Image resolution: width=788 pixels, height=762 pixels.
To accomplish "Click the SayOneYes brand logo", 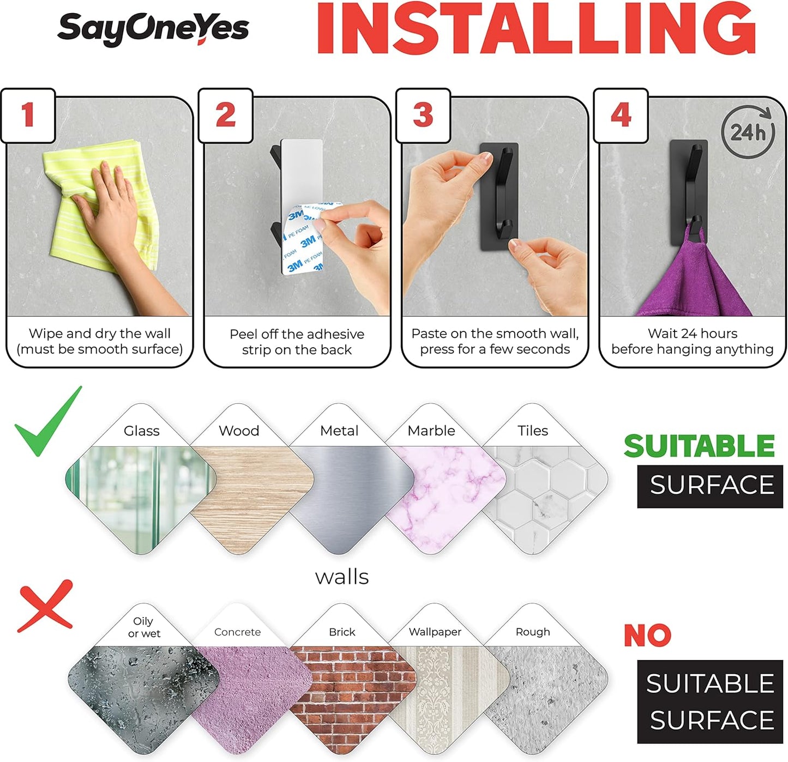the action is [x=153, y=29].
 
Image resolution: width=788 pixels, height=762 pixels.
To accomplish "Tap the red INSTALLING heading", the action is [x=536, y=28].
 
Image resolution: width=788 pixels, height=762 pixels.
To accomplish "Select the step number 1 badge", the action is [x=28, y=116].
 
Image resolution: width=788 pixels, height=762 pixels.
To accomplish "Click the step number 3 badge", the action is [x=423, y=116].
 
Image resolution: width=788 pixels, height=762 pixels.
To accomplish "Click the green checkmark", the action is [x=48, y=421].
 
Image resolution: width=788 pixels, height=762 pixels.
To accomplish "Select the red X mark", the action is [x=45, y=606].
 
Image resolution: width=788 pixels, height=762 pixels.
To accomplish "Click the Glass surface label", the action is [x=142, y=431].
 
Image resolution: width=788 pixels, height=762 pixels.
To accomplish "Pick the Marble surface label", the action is [x=431, y=431].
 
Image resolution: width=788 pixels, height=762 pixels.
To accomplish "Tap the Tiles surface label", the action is [x=532, y=431].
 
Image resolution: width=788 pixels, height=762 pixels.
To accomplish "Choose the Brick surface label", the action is [x=342, y=632].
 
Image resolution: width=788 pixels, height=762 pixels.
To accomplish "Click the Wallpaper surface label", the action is [x=435, y=632].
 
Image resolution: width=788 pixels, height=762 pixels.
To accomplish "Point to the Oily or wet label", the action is [x=144, y=627].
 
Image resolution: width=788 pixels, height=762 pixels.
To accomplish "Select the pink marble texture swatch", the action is [x=446, y=500].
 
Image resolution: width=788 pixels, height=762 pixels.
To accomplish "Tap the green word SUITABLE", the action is [x=699, y=446].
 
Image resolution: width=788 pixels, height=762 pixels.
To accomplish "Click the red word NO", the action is [x=647, y=636].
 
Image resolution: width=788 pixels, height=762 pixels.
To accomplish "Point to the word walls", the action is [x=342, y=577].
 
